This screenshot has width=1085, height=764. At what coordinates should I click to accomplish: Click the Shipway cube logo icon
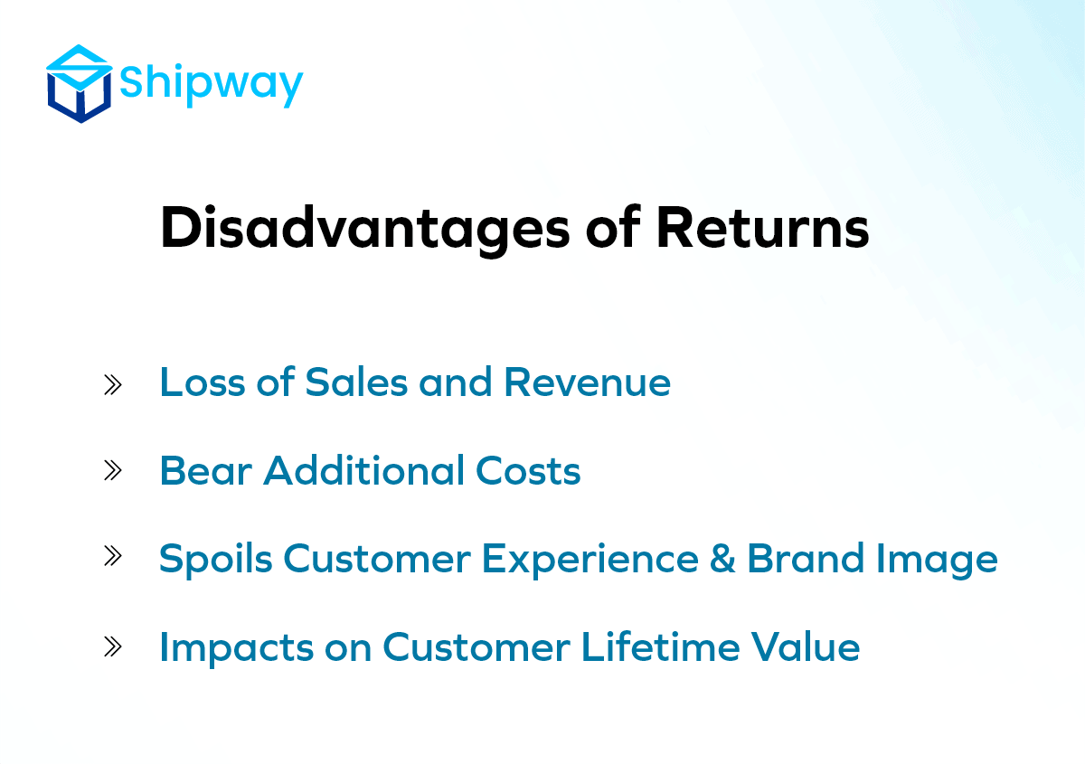[x=80, y=84]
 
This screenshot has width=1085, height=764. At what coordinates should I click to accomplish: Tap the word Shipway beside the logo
[x=212, y=85]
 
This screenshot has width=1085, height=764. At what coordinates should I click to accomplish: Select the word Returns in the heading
[x=762, y=228]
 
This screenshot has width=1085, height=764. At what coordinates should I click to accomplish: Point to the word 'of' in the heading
[x=613, y=227]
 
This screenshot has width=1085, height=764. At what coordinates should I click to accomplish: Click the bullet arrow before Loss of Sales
[x=113, y=385]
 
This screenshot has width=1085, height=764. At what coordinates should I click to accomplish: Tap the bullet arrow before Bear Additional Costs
[x=113, y=470]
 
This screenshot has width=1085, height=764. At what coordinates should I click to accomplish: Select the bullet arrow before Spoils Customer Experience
[x=113, y=556]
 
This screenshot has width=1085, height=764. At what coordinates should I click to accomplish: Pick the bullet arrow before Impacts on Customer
[x=113, y=646]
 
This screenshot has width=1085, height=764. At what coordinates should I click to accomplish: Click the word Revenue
[x=587, y=382]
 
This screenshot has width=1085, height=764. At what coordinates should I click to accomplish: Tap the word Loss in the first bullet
[x=203, y=382]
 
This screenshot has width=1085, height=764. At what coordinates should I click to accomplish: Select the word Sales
[x=356, y=382]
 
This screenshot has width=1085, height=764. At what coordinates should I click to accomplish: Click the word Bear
[x=206, y=470]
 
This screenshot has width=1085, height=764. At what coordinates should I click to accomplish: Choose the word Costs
[x=528, y=470]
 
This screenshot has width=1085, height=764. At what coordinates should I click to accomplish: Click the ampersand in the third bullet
[x=722, y=559]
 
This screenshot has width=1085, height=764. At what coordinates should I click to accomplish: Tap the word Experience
[x=590, y=560]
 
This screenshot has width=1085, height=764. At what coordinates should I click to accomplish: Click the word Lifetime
[x=661, y=646]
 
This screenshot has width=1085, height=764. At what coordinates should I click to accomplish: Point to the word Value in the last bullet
[x=806, y=646]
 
